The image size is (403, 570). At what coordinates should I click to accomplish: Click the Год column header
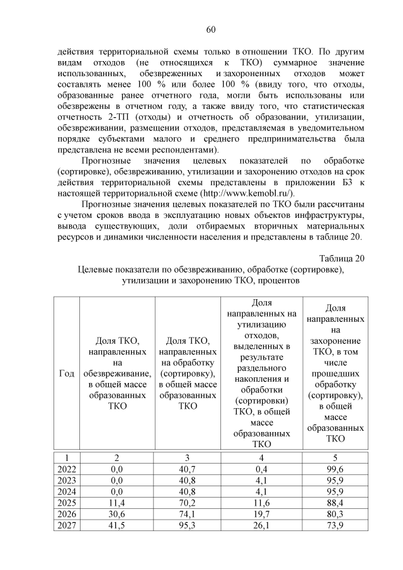66,373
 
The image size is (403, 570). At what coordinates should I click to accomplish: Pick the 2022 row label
66,469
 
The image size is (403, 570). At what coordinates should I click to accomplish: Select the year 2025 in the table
66,503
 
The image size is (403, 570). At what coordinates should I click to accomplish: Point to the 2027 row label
66,525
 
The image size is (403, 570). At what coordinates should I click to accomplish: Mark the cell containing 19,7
264,514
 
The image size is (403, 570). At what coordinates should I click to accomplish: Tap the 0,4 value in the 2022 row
264,469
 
